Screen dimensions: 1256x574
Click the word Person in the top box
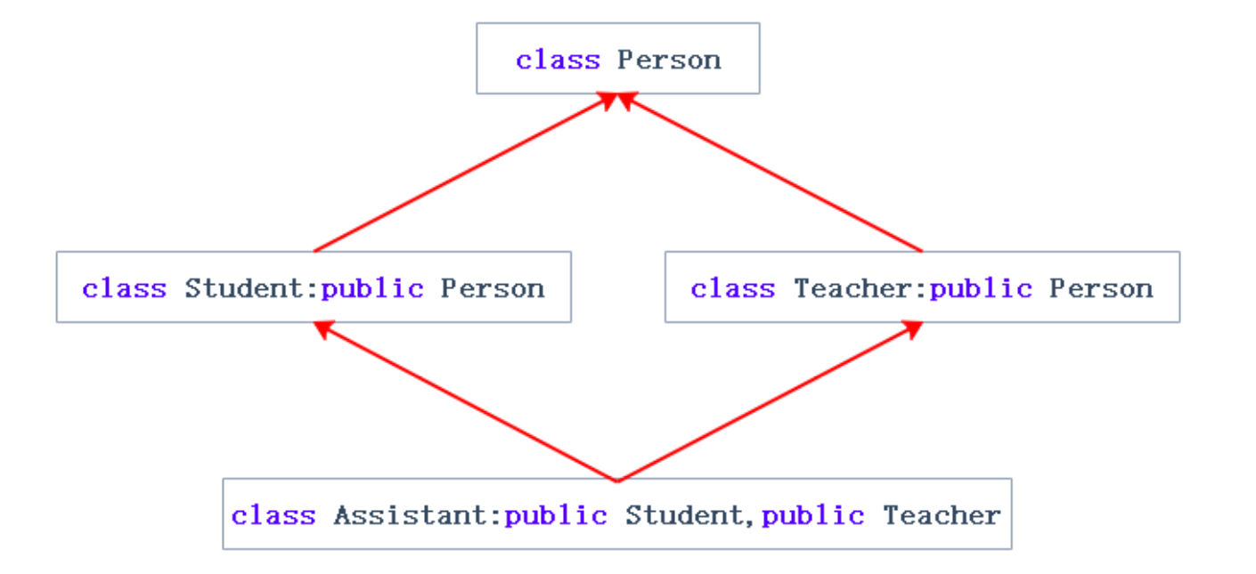pos(669,61)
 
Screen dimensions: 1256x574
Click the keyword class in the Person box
pos(558,61)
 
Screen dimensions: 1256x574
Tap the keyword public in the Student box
pos(372,288)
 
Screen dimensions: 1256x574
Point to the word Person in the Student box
pos(493,288)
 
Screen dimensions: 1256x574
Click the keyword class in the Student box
pos(124,288)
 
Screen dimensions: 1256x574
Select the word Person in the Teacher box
pos(1101,288)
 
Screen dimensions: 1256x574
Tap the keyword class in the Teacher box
pos(732,288)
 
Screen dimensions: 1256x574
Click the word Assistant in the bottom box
pos(409,516)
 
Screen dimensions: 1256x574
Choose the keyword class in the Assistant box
pos(273,516)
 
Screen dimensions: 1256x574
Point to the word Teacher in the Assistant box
pos(942,516)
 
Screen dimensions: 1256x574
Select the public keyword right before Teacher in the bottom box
pos(813,516)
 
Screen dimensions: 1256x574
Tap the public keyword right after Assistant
pos(556,516)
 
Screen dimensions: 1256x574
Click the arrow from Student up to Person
pos(463,174)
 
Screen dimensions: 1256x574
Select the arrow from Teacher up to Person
pos(771,174)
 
